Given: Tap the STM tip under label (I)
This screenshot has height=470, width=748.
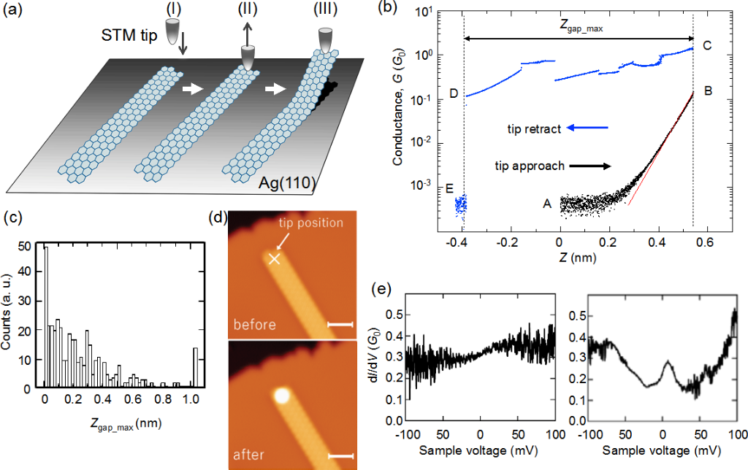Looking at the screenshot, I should pos(173,31).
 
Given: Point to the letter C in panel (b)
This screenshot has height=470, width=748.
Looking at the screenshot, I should pos(706,46).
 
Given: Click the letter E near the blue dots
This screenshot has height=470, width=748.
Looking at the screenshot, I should pos(450,189).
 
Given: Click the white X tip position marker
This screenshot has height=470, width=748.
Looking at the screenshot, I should pos(274,258).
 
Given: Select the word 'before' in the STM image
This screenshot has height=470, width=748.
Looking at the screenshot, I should pos(255,325).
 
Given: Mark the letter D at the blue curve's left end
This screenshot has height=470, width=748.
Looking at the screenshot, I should pos(454,94).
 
